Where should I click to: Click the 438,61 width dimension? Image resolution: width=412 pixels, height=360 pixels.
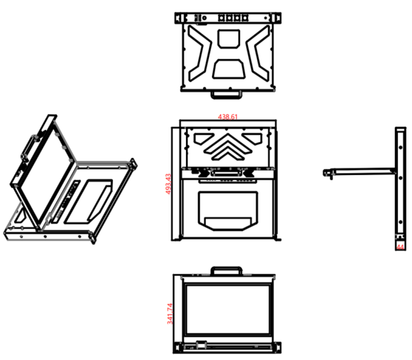[227, 117]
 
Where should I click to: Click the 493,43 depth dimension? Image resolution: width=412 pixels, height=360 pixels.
[168, 184]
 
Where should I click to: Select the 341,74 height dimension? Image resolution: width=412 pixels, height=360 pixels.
[170, 314]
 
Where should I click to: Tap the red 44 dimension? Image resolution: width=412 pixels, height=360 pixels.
[400, 247]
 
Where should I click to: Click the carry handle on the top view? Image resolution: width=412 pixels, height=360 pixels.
[227, 95]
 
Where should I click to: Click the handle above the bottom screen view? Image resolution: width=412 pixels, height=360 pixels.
[227, 271]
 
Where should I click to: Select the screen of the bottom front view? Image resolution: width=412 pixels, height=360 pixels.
[227, 309]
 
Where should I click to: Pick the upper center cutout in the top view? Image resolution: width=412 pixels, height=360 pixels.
[229, 38]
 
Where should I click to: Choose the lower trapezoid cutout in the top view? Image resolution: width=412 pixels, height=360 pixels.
[229, 69]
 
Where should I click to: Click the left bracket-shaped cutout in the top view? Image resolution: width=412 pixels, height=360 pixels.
[200, 53]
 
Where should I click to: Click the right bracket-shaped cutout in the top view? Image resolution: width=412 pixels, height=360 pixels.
[258, 53]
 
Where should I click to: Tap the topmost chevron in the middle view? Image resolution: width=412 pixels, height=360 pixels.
[228, 143]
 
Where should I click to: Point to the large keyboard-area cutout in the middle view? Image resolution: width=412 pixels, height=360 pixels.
[228, 211]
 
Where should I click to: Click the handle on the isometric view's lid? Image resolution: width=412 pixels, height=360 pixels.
[27, 148]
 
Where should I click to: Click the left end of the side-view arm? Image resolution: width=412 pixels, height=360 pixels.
[324, 173]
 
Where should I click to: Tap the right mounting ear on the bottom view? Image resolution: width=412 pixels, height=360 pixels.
[277, 348]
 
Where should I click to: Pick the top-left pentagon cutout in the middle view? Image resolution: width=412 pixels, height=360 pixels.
[203, 139]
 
